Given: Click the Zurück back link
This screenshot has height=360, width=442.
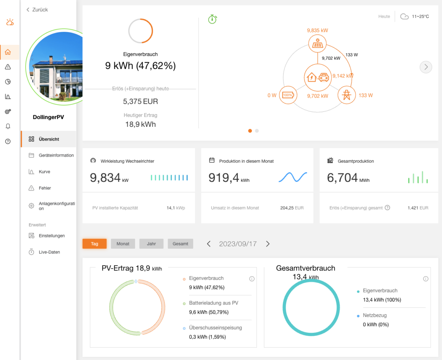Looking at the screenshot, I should [37, 10].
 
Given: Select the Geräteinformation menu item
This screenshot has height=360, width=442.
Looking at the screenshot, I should [56, 155].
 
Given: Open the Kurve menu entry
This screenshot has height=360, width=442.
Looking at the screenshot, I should [44, 172].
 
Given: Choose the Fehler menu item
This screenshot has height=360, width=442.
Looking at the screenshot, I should [45, 188].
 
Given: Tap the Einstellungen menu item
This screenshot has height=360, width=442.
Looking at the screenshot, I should [52, 236].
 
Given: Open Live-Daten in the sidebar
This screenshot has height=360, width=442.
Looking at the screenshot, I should [49, 252].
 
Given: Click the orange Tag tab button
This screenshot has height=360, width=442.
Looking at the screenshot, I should [95, 244].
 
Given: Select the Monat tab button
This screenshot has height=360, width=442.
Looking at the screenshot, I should [123, 244].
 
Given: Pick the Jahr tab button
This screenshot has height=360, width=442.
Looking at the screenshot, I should [151, 244].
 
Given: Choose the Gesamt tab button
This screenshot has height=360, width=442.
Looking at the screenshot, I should [180, 244].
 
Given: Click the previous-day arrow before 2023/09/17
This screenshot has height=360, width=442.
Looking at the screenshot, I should [209, 244].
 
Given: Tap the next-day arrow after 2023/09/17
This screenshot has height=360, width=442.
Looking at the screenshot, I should [268, 244].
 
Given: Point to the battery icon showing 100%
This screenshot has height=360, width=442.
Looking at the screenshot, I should [288, 95].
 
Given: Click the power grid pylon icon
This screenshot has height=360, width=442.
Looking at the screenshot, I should [346, 95].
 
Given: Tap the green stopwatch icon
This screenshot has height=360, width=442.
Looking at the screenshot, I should [212, 19].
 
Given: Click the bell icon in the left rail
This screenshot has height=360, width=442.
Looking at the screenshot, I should [8, 126].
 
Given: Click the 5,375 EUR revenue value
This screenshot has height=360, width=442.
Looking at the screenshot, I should [140, 102].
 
